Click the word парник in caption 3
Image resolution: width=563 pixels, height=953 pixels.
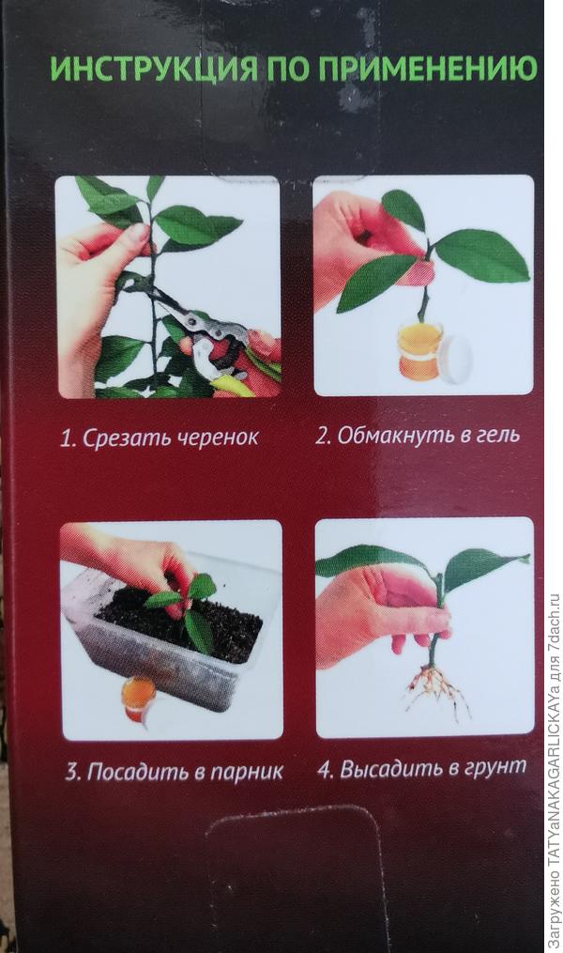(247, 773)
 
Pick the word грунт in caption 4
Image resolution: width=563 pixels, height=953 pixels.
(495, 768)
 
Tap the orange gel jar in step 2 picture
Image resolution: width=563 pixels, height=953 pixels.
(419, 352)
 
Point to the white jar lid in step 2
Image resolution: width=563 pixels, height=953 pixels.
(458, 359)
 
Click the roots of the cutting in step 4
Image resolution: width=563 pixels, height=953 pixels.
(436, 689)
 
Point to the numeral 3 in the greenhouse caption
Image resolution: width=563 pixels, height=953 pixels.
(72, 773)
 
